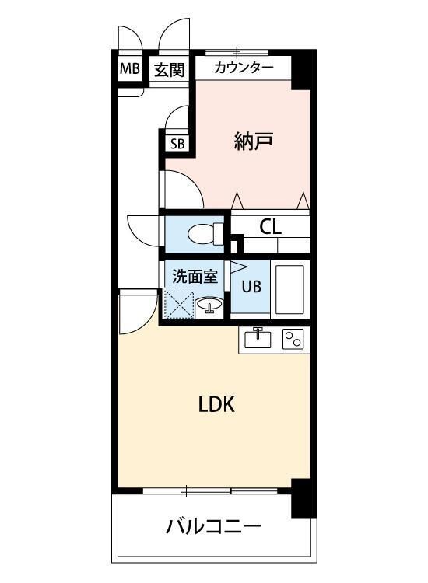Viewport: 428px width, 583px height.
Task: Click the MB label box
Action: pyautogui.click(x=129, y=69)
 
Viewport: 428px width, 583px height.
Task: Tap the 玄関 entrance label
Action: pyautogui.click(x=168, y=70)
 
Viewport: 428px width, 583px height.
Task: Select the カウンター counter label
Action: pyautogui.click(x=244, y=68)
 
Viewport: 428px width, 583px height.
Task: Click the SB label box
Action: pyautogui.click(x=177, y=143)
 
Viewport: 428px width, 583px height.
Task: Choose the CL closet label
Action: pyautogui.click(x=270, y=227)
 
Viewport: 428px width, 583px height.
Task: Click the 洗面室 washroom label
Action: pyautogui.click(x=195, y=274)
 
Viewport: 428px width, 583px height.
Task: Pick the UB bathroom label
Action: pyautogui.click(x=251, y=286)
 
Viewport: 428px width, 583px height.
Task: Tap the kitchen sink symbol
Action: pyautogui.click(x=258, y=339)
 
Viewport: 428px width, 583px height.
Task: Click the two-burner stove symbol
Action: pyautogui.click(x=293, y=339)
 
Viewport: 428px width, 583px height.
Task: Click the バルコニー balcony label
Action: pyautogui.click(x=213, y=528)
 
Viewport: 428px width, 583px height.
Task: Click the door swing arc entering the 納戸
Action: pyautogui.click(x=181, y=187)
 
